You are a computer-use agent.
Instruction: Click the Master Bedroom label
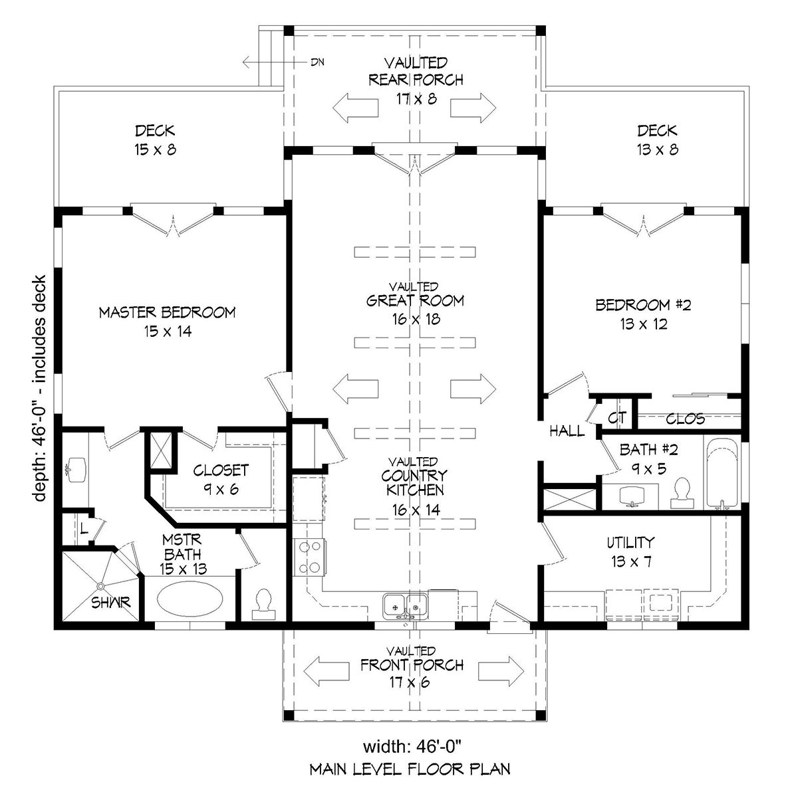click(x=168, y=312)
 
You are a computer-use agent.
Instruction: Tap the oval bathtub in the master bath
click(x=190, y=599)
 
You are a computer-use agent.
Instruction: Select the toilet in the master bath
click(x=263, y=605)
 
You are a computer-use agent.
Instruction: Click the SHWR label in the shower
click(x=110, y=603)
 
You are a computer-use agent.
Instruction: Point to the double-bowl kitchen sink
click(x=406, y=606)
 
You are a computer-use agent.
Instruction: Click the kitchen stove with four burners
click(x=309, y=557)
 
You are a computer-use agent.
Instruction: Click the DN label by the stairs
click(x=318, y=62)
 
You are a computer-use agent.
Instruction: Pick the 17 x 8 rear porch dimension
click(x=416, y=99)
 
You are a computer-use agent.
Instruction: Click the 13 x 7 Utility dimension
click(x=631, y=561)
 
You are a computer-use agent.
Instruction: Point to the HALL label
click(x=567, y=431)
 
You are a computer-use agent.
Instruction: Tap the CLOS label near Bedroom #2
click(x=686, y=419)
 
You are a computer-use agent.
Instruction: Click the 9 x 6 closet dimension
click(x=221, y=489)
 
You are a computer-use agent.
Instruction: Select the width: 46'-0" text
click(x=412, y=747)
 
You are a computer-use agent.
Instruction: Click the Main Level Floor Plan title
click(x=410, y=769)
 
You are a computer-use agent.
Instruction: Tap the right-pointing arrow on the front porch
click(x=501, y=671)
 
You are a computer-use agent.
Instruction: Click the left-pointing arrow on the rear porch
click(x=355, y=108)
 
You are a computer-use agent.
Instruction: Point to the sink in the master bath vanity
click(x=76, y=470)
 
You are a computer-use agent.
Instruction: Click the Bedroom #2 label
click(x=644, y=306)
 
